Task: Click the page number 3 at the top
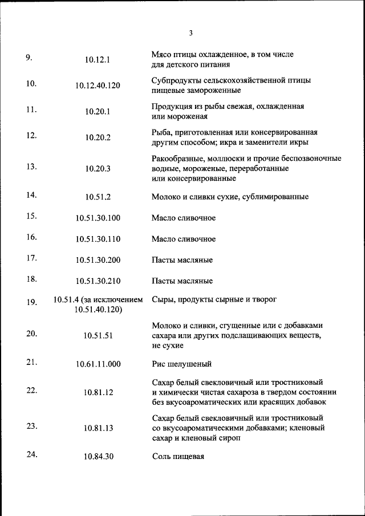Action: [x=190, y=32]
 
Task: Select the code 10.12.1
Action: [x=98, y=60]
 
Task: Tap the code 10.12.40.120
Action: [x=98, y=86]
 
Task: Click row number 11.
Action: [x=31, y=109]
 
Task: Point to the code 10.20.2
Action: [x=98, y=137]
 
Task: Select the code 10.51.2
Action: [x=98, y=197]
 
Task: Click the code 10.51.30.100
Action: [x=98, y=218]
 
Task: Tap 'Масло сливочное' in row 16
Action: [x=184, y=239]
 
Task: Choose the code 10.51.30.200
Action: [x=98, y=260]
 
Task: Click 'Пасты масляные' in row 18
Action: [x=182, y=281]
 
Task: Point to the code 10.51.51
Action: [x=98, y=336]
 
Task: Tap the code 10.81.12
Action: [x=98, y=392]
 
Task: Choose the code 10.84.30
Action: [x=98, y=457]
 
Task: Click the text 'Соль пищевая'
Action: [x=178, y=457]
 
